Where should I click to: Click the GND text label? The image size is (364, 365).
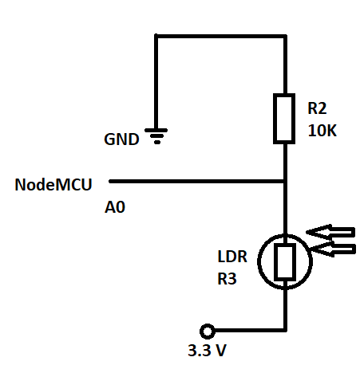click(121, 139)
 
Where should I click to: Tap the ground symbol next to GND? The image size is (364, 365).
click(156, 136)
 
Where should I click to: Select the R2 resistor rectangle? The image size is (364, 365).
click(284, 119)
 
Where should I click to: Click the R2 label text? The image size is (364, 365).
click(317, 108)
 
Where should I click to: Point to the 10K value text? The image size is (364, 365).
click(322, 131)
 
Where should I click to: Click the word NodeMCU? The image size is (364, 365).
click(53, 184)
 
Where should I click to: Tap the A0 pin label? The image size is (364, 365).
click(115, 207)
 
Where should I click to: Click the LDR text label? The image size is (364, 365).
click(232, 257)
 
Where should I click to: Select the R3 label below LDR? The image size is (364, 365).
click(227, 279)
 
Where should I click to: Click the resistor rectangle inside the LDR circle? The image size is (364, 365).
click(285, 261)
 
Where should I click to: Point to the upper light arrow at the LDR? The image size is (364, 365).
click(330, 232)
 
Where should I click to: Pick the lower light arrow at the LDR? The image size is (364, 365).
click(333, 249)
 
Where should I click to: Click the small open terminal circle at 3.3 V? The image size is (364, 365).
click(208, 332)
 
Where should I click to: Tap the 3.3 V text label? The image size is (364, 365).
click(208, 350)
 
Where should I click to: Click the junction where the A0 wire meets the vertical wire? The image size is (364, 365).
click(285, 182)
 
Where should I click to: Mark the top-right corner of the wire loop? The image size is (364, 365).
click(285, 36)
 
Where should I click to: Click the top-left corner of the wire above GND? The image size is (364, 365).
click(156, 36)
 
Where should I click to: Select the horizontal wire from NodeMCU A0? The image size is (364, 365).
click(197, 182)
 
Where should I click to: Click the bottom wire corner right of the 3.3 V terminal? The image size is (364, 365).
click(285, 330)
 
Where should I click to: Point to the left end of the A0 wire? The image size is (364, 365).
click(110, 182)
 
